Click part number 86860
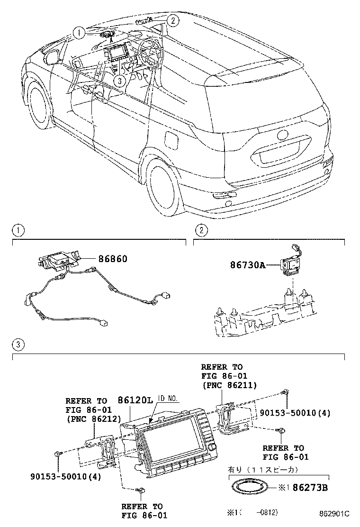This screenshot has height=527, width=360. click(113, 259)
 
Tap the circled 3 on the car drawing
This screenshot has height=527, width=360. click(120, 81)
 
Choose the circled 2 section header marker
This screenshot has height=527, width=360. click(202, 231)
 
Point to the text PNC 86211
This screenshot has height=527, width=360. click(229, 385)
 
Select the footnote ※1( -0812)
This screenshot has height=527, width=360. click(251, 513)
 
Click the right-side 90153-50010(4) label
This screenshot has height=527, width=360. click(295, 413)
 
